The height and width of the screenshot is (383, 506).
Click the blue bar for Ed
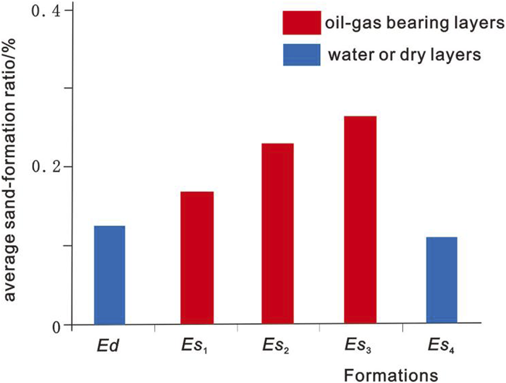coord(109,275)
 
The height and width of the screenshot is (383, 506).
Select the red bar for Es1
coord(197,258)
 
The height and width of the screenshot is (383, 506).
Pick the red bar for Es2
coord(278,234)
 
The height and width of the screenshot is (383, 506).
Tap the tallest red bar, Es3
coord(360,220)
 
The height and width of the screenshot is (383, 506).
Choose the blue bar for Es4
coord(441,281)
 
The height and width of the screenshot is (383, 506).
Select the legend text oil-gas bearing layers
coord(405,24)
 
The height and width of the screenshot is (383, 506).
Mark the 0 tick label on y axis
coord(54,325)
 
